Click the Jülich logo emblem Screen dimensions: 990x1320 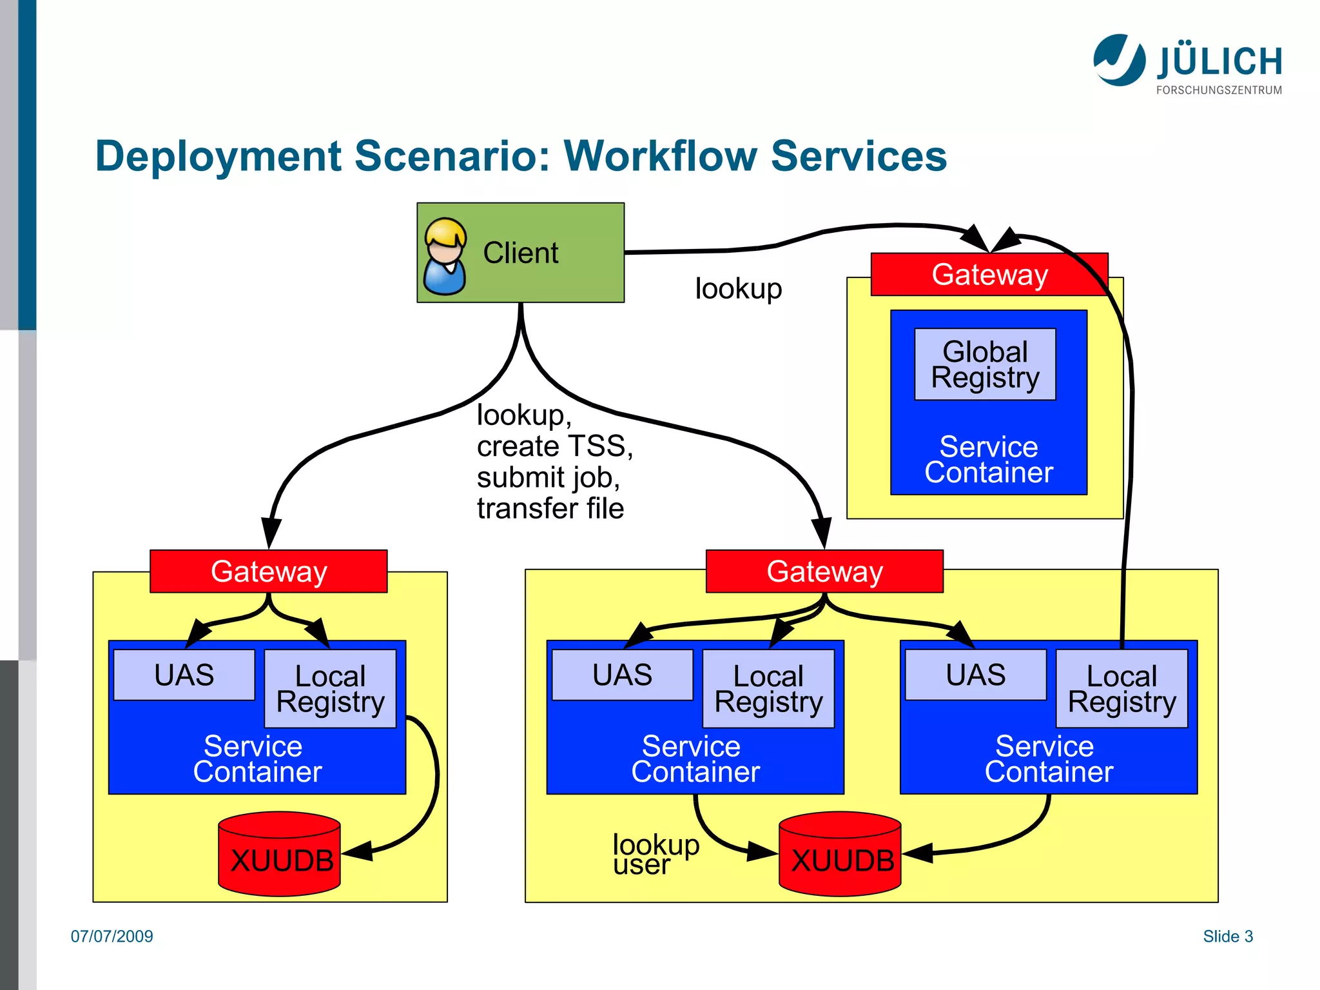(x=1119, y=60)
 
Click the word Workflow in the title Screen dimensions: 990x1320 (x=659, y=156)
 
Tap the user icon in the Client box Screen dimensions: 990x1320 (x=445, y=256)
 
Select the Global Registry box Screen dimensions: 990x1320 (x=985, y=364)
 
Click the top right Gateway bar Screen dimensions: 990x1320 (x=989, y=275)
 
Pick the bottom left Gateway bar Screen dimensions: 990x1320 (x=268, y=571)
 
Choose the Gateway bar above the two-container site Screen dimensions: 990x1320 (x=824, y=571)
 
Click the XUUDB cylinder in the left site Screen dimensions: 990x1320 (x=280, y=854)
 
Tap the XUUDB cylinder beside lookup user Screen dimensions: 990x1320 (x=840, y=854)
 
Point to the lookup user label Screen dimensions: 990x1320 (x=655, y=854)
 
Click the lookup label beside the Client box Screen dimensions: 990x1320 (x=738, y=288)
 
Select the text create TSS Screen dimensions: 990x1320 (x=554, y=446)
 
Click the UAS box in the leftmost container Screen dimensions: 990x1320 (x=184, y=675)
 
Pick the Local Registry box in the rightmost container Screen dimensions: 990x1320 (x=1121, y=688)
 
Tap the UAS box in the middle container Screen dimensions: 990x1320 (x=622, y=675)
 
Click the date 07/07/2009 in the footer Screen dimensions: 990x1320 (x=112, y=936)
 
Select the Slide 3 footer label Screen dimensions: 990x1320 (x=1227, y=936)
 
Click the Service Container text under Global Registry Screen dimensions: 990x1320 (x=988, y=459)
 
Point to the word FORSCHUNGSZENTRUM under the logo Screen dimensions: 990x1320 (x=1218, y=90)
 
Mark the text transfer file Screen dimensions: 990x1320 (x=550, y=508)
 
